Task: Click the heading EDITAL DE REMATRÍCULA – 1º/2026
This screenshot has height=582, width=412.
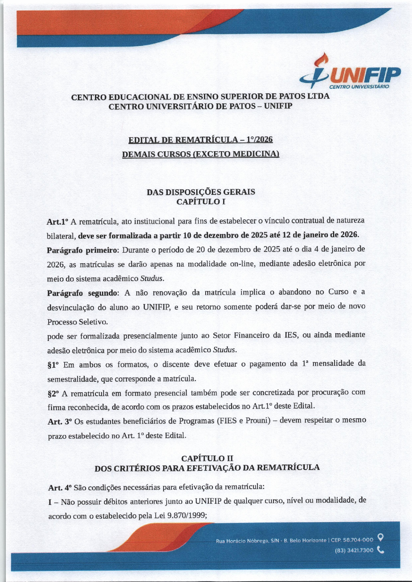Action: pos(201,140)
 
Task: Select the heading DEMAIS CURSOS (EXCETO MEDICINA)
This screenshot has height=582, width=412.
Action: pos(201,154)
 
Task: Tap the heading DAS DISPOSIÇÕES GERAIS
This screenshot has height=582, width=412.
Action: pos(201,192)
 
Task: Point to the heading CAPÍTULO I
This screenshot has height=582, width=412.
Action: pos(201,201)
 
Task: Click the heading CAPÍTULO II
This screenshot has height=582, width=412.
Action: pos(207,458)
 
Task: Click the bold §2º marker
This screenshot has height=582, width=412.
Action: pos(53,393)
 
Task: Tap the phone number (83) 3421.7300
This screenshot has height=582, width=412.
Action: pos(354,550)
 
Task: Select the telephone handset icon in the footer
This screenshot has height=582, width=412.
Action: pos(381,550)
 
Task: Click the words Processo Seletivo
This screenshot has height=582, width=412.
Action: pos(77,322)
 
